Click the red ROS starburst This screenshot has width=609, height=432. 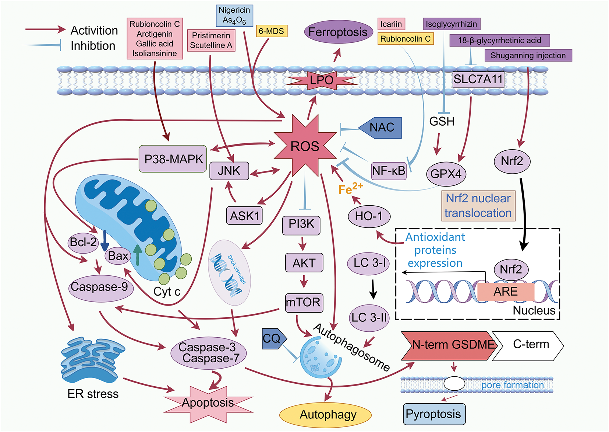point(305,146)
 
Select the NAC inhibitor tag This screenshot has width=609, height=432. point(380,128)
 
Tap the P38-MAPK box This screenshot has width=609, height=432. point(173,159)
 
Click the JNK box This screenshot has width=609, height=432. point(229,171)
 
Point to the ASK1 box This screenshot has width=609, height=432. point(244,216)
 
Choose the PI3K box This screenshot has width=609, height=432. point(301,225)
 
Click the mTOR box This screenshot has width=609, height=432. point(304,303)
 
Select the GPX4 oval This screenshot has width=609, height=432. point(446,174)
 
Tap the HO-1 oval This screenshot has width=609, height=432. point(369,216)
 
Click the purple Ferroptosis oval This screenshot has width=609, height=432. point(338,32)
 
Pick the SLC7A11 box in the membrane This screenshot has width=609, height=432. point(478,80)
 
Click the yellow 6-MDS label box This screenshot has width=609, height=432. point(271,31)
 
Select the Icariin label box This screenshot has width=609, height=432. point(391,24)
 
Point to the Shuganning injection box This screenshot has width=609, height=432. point(528,55)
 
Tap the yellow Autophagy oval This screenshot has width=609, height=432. point(325,415)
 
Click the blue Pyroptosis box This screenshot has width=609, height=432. point(434,414)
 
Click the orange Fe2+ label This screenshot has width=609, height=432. point(351,188)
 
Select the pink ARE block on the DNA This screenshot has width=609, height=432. point(506,292)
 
